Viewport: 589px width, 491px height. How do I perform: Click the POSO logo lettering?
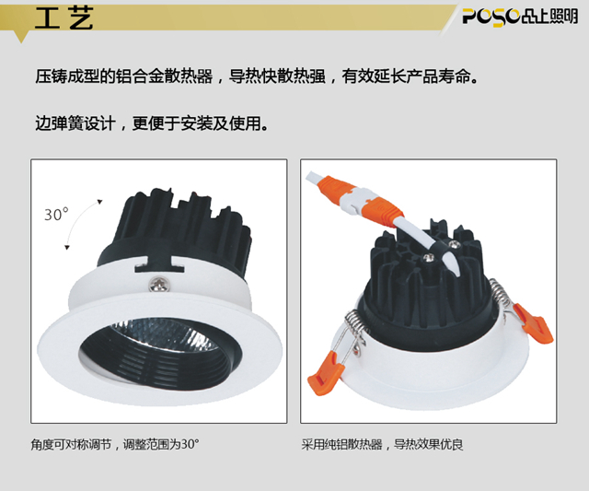click(x=491, y=17)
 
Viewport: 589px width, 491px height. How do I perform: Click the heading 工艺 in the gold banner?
click(x=64, y=18)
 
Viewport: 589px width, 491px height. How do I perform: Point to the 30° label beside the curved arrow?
click(x=56, y=215)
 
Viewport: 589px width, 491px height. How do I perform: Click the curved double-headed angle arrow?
click(x=77, y=221)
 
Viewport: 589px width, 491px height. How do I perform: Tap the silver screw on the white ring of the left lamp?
click(x=160, y=285)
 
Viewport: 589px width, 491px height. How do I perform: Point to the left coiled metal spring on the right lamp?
click(x=354, y=324)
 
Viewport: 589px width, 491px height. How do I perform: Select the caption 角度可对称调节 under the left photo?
click(x=71, y=444)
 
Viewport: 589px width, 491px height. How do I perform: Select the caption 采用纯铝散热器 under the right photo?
click(x=341, y=444)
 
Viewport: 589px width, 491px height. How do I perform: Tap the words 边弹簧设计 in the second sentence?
click(x=75, y=123)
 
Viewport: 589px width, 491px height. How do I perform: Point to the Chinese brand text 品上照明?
click(x=549, y=17)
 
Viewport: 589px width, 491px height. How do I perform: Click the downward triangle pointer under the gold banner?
click(x=21, y=37)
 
